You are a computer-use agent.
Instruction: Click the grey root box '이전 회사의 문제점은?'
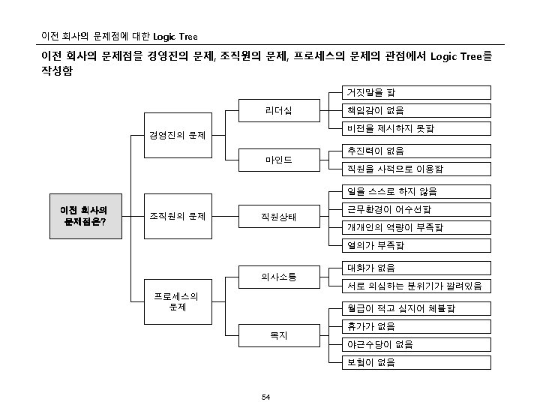click(83, 216)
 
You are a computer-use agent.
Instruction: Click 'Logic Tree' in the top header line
click(175, 37)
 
